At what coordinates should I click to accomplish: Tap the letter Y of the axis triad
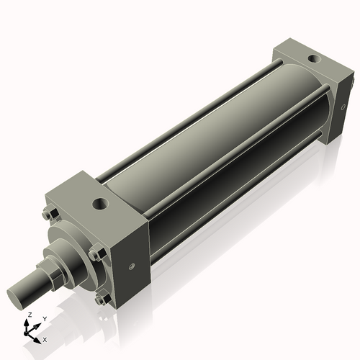[44, 318]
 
